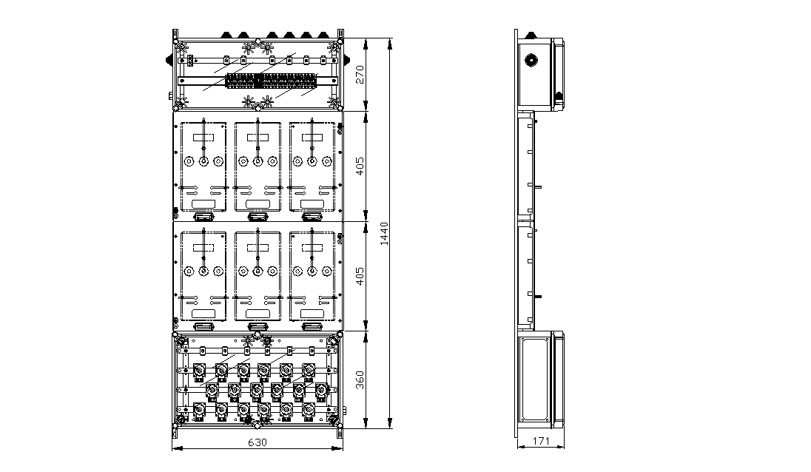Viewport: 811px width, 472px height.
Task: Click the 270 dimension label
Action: [360, 74]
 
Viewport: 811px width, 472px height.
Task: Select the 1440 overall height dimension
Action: [384, 234]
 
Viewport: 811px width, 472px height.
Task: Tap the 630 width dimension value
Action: [257, 442]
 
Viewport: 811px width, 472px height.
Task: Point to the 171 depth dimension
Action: [540, 441]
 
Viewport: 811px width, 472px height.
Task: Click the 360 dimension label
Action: [360, 380]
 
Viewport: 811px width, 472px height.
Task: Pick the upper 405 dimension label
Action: [360, 166]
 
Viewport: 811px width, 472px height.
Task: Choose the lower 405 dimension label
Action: [360, 275]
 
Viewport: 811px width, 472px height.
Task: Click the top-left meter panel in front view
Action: [203, 166]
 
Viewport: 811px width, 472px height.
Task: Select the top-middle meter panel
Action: [258, 166]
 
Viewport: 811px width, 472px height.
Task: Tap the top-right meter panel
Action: [312, 166]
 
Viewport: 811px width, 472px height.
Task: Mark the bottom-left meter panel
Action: [203, 276]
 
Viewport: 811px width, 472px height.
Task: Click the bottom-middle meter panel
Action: [258, 276]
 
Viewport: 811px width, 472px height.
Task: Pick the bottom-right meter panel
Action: [312, 276]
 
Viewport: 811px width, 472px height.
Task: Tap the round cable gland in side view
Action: [530, 60]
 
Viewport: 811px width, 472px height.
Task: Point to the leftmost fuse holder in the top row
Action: [198, 371]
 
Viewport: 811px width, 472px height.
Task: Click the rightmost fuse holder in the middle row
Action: [321, 391]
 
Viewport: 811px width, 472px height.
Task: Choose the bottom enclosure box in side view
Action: [540, 380]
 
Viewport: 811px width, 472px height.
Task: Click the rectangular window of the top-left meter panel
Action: [203, 138]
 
